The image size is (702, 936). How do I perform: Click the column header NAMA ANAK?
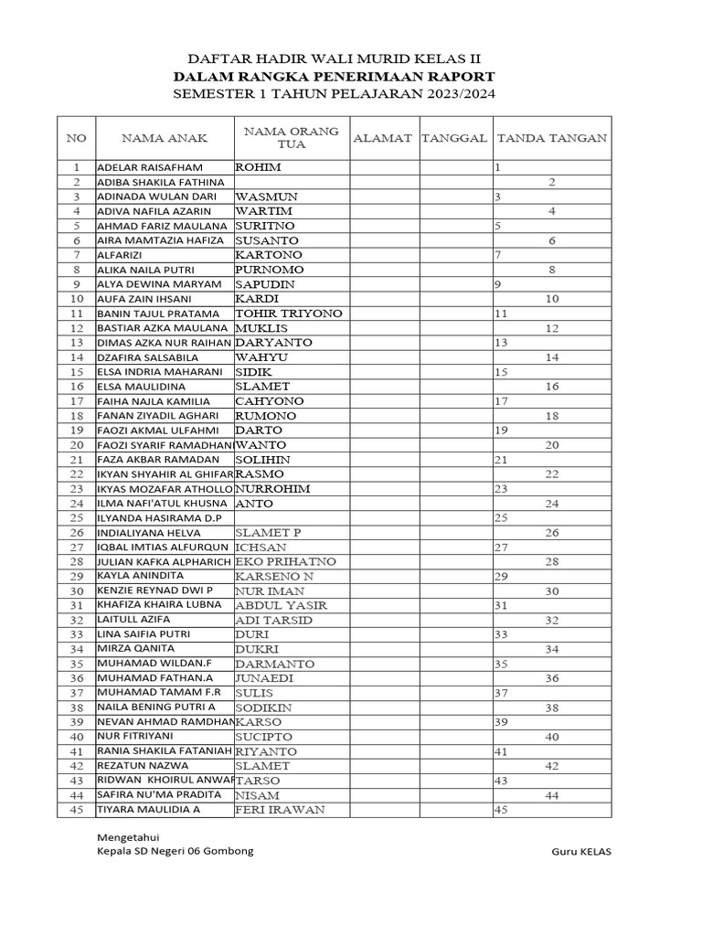coord(165,138)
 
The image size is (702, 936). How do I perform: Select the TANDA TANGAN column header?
coord(551,138)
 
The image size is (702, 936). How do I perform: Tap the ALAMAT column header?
coord(384,138)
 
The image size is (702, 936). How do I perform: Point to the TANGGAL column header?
coord(454,138)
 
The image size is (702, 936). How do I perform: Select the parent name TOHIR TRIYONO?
coord(289,314)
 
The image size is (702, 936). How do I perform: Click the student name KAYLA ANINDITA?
coord(140,576)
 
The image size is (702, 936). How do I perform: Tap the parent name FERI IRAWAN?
coord(280,810)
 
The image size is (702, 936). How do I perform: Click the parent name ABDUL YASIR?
coord(281,605)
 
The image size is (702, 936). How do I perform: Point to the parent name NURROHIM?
coord(272,489)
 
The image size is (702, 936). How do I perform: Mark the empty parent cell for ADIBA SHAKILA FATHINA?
coord(292,183)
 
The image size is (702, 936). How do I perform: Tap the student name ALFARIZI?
coord(120,255)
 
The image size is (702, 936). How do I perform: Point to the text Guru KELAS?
coord(581,851)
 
